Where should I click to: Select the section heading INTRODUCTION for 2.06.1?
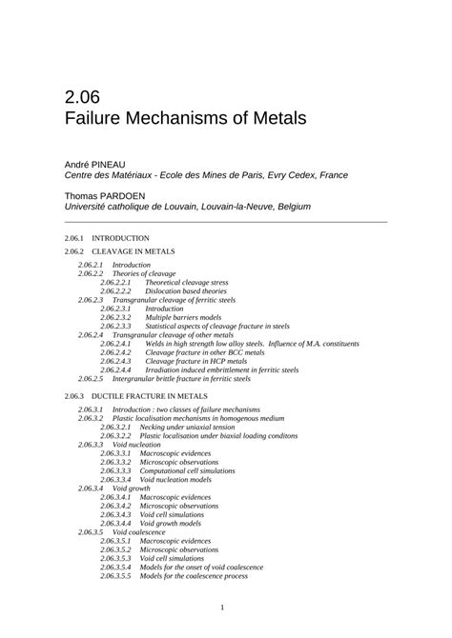pos(120,237)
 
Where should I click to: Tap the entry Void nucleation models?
pos(182,479)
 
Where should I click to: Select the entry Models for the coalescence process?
pos(200,576)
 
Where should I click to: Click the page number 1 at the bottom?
pos(222,608)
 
